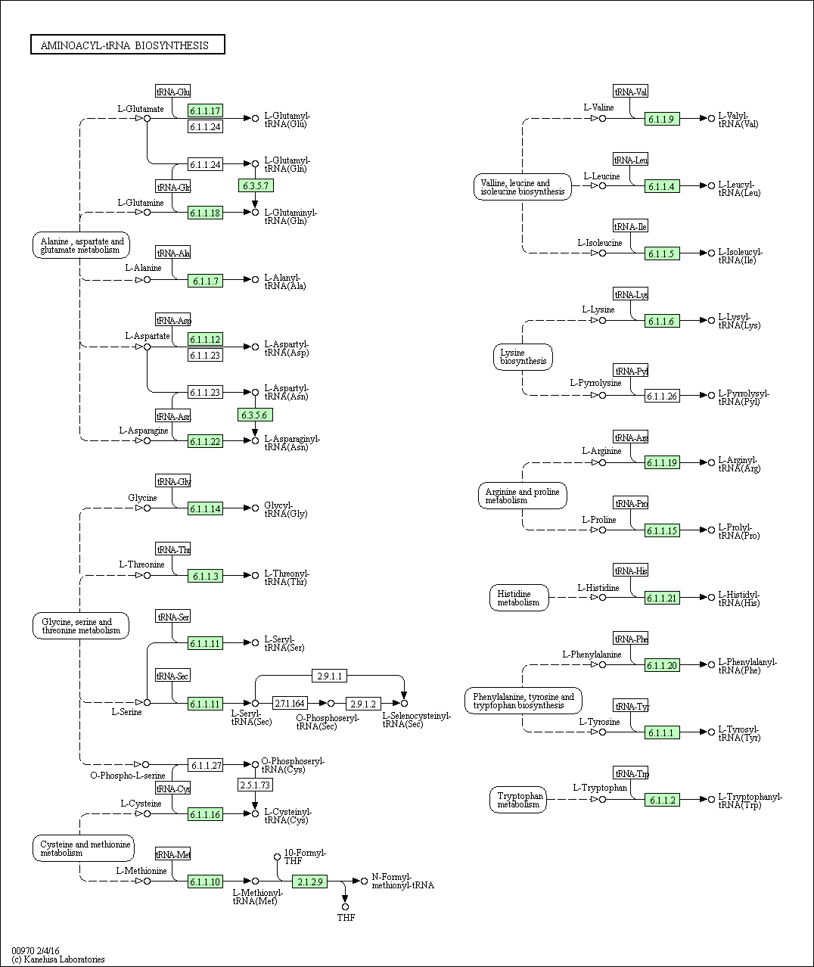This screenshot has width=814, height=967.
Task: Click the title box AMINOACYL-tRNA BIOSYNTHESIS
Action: tap(128, 45)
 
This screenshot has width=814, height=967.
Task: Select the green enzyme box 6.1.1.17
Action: tap(205, 110)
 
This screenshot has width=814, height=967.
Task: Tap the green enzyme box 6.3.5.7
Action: tap(256, 185)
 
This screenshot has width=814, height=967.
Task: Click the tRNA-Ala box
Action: tap(172, 253)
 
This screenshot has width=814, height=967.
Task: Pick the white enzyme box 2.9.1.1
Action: tap(329, 676)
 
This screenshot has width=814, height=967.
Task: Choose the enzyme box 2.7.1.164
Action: tap(290, 704)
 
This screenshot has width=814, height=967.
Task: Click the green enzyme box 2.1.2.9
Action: tap(309, 881)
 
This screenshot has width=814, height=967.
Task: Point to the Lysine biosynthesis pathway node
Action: tap(523, 357)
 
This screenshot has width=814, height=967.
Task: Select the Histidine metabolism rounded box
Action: tap(519, 598)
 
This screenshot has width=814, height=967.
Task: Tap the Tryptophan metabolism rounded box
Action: tap(517, 800)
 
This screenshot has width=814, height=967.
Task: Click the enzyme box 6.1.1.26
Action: tap(662, 396)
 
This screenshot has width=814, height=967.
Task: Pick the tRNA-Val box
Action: tap(630, 92)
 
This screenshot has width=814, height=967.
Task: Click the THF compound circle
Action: tap(345, 906)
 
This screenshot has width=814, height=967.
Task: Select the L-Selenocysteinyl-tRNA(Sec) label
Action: tap(416, 720)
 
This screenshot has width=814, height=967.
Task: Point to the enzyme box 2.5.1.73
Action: tap(255, 785)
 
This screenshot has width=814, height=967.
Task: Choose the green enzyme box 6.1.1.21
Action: tap(662, 598)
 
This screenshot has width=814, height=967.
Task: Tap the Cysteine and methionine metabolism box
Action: tap(84, 848)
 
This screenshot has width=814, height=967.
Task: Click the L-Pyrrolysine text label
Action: tap(595, 383)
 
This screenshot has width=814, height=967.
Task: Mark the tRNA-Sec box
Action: tap(172, 676)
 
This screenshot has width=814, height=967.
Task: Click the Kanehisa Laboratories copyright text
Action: tap(58, 959)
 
